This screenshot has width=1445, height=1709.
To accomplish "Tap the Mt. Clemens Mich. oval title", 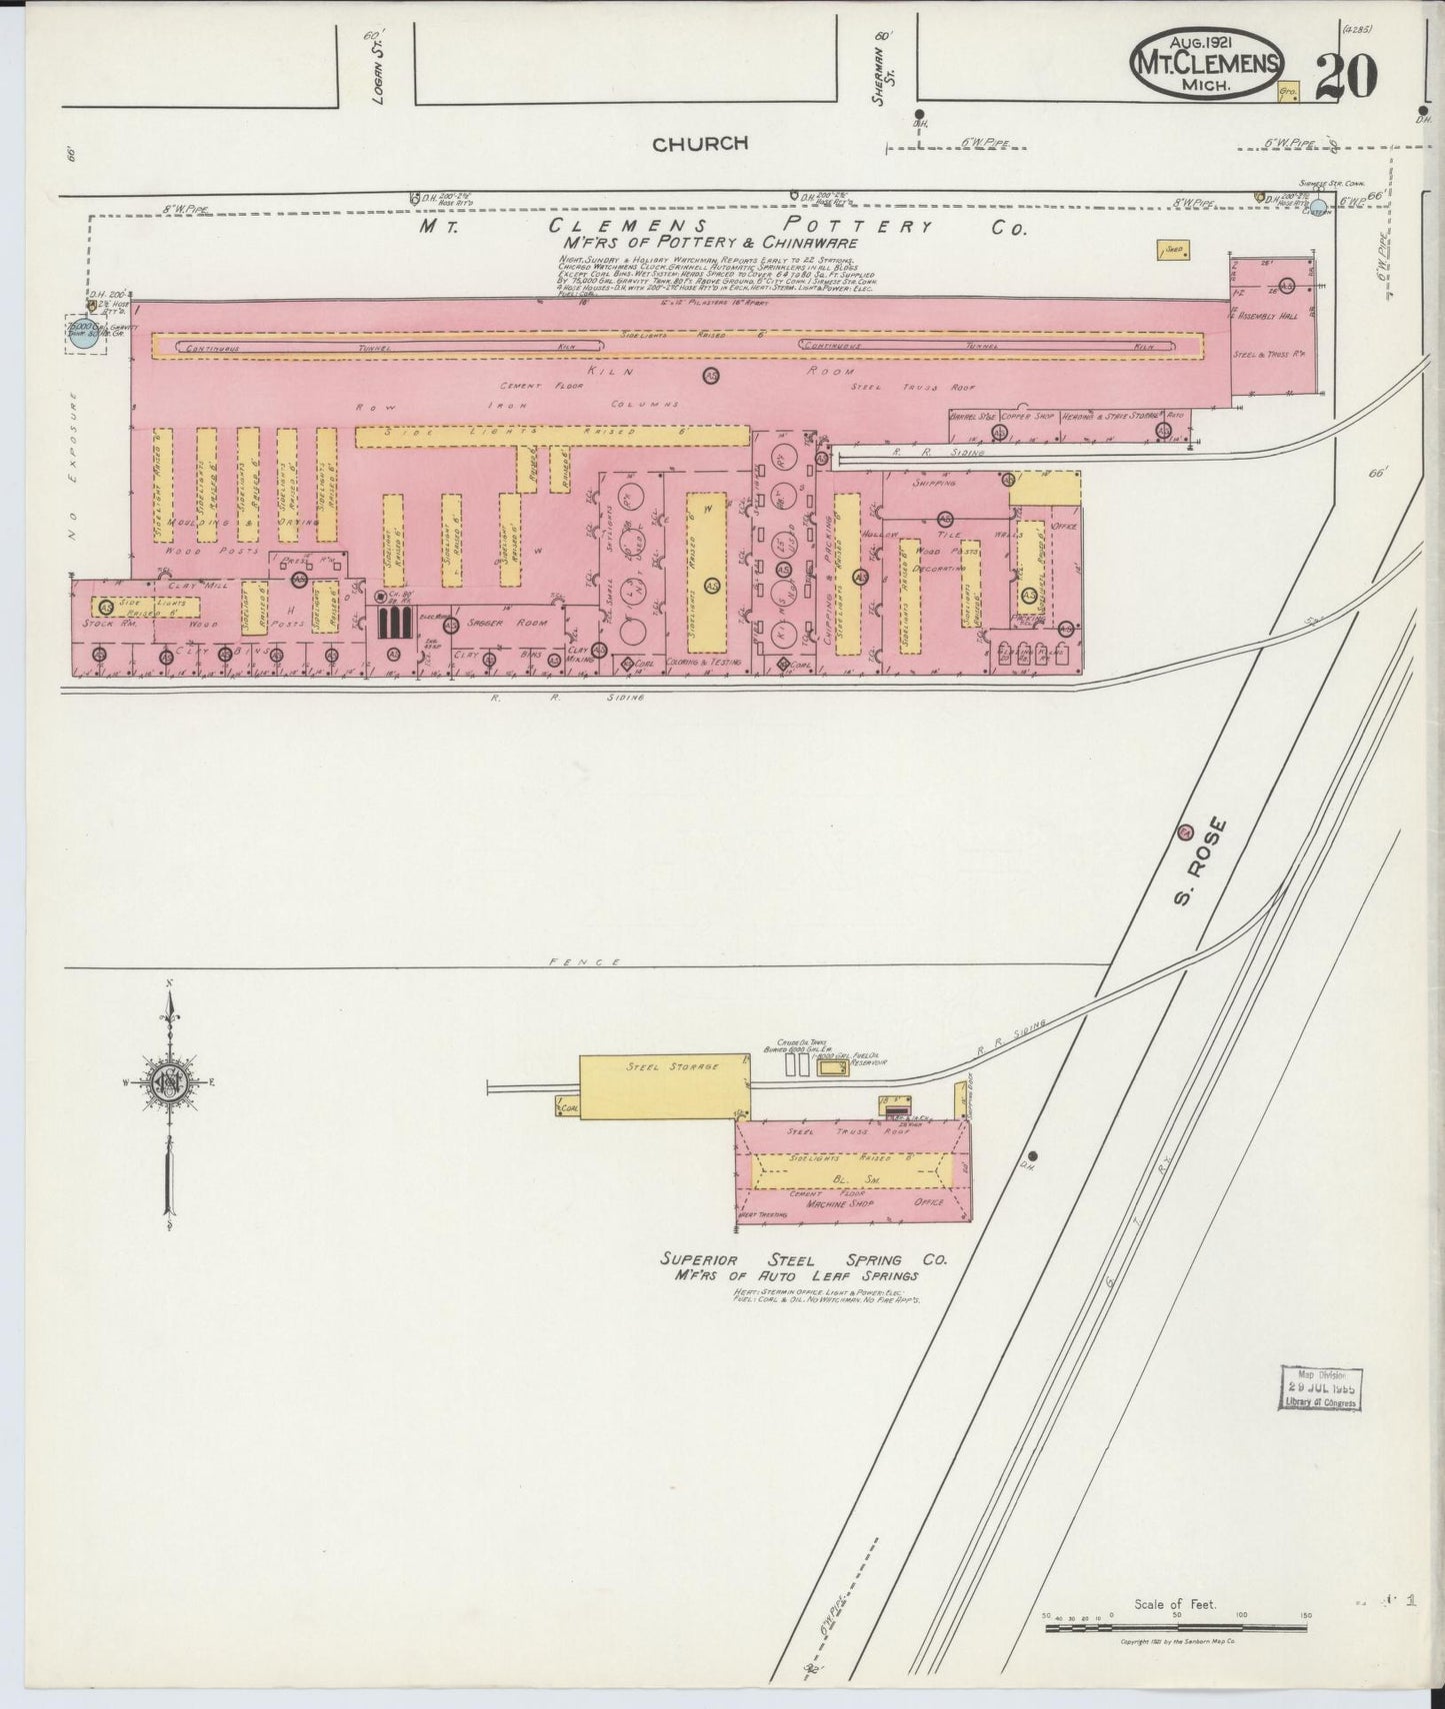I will pos(1206,62).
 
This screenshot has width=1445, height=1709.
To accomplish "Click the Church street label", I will pos(700,144).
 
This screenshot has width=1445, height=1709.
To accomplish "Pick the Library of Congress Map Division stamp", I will pos(1321,1388).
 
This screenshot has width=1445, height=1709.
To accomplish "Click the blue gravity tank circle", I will pos(85,334).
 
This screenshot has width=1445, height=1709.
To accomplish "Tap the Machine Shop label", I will pos(839,1204).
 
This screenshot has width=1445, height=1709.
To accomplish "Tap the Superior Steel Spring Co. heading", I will pos(803,1260).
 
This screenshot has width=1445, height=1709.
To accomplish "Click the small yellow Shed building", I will pos(1172,252).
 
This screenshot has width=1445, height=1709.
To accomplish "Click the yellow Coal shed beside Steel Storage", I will pos(569,1107).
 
